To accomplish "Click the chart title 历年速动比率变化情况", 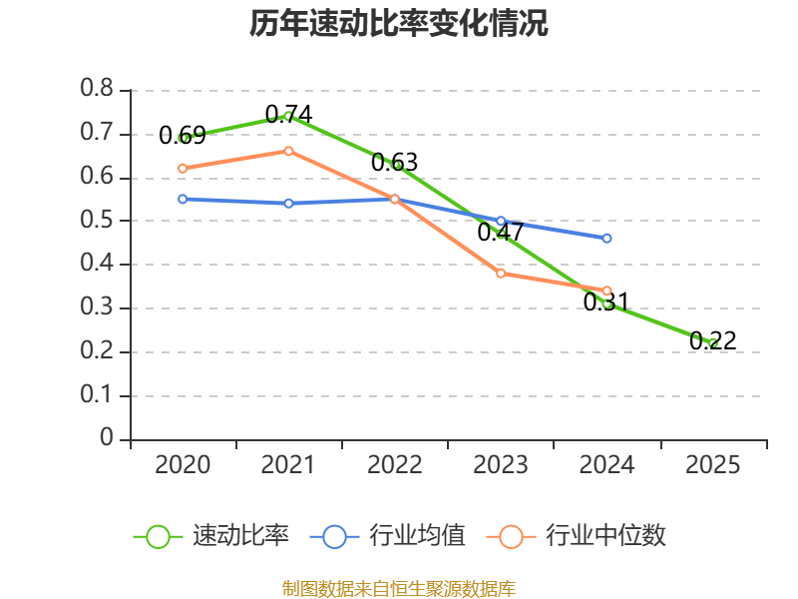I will pos(399,24).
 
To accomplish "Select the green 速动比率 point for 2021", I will pos(288,116).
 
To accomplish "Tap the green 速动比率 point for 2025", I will pos(712,343).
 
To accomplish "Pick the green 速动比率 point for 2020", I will pos(183,138).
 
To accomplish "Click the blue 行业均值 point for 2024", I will pos(606,239).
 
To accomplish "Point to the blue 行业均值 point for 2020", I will pos(183,199).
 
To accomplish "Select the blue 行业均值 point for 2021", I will pos(288,203).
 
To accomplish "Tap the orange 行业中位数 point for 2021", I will pos(288,151).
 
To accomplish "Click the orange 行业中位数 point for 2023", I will pos(501,273).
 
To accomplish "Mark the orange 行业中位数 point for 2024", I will pos(606,291).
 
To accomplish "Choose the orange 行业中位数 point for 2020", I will pos(183,168).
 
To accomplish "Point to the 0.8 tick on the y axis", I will pos(97,90).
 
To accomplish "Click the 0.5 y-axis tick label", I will pos(97,221).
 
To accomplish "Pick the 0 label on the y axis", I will pos(107,439).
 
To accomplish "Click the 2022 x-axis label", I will pos(394,465).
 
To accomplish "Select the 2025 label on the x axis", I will pos(712,465).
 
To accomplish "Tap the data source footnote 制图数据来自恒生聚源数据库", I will pos(399,588).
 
